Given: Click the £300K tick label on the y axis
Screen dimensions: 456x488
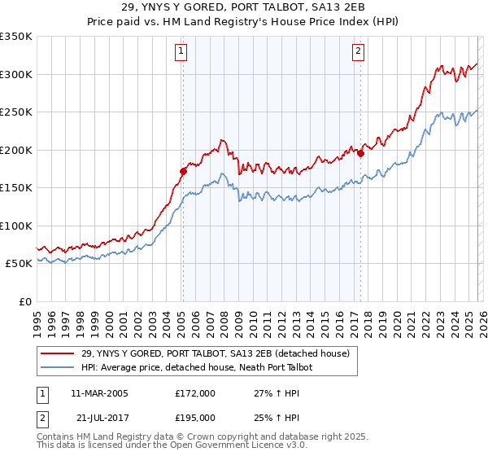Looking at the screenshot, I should click(x=16, y=74).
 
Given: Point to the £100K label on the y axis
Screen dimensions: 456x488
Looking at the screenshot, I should click(x=16, y=226).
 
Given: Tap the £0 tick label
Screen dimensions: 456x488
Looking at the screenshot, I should click(x=24, y=301).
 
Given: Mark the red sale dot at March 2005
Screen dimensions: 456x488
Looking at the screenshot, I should click(x=184, y=171).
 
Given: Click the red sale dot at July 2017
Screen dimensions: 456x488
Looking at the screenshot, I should click(x=361, y=154).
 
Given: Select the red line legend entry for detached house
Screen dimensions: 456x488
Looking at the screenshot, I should click(x=215, y=353).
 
